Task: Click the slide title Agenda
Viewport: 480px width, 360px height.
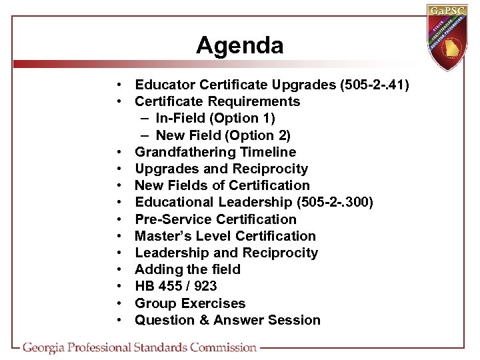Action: tap(239, 45)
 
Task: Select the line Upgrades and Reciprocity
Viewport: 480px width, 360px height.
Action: tap(221, 169)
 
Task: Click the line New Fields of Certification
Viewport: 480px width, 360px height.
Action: tap(222, 185)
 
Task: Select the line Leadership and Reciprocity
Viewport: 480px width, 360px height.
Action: tap(226, 253)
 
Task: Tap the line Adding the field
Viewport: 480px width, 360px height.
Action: tap(187, 269)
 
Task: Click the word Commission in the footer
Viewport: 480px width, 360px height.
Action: tap(223, 347)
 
